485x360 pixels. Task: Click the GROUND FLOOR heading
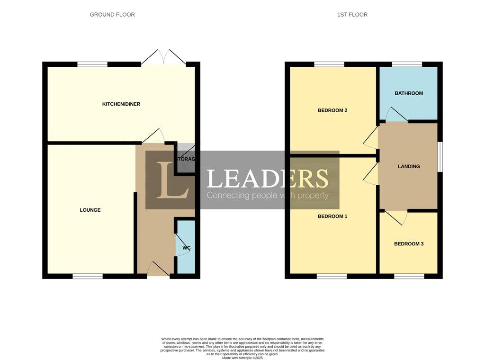(112, 15)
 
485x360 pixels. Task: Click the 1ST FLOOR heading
(352, 15)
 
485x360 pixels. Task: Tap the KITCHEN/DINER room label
(121, 104)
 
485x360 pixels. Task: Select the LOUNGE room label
(90, 210)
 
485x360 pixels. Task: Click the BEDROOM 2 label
(332, 110)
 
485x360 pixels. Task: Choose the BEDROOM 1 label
(332, 216)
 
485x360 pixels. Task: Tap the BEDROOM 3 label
(409, 244)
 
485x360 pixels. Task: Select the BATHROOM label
(409, 93)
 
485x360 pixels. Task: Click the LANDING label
(409, 166)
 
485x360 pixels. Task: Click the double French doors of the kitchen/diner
(163, 58)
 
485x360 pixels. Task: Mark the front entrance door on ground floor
(158, 270)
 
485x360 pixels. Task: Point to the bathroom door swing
(395, 115)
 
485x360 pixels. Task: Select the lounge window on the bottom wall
(88, 276)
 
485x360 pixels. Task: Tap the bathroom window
(407, 64)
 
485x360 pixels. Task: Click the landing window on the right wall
(440, 156)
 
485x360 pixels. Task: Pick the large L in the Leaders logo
(173, 180)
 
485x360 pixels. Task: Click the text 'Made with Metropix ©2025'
(242, 358)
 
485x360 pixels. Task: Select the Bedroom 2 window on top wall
(329, 64)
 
